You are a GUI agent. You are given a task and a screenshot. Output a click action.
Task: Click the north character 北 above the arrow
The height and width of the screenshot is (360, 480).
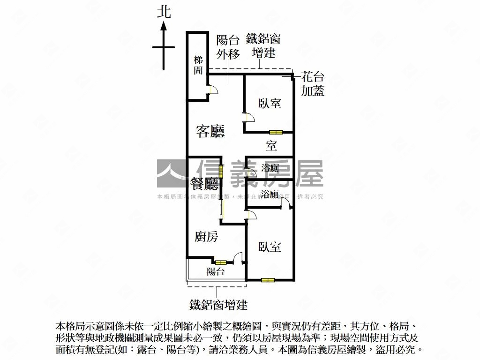pyautogui.click(x=164, y=12)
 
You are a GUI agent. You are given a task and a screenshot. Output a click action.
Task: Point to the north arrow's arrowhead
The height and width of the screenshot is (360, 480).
pyautogui.click(x=164, y=26)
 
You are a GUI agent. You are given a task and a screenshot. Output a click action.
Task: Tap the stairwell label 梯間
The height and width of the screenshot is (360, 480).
pyautogui.click(x=198, y=65)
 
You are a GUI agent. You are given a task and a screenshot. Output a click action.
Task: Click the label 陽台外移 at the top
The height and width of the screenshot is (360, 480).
pyautogui.click(x=228, y=47)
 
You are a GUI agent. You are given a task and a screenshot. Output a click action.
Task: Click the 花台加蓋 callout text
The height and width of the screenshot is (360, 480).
pyautogui.click(x=313, y=84)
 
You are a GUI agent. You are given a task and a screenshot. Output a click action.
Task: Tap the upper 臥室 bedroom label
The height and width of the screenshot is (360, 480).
pyautogui.click(x=270, y=104)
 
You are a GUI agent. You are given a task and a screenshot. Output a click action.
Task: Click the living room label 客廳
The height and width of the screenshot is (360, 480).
pyautogui.click(x=210, y=132)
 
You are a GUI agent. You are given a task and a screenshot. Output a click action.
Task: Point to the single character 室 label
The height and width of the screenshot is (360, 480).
pyautogui.click(x=271, y=146)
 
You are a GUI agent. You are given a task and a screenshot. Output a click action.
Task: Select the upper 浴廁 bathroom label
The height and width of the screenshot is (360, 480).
pyautogui.click(x=270, y=168)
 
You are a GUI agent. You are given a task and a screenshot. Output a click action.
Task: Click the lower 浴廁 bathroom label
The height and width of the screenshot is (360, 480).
pyautogui.click(x=270, y=194)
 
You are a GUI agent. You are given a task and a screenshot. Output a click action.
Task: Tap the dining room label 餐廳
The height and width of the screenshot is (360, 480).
pyautogui.click(x=205, y=183)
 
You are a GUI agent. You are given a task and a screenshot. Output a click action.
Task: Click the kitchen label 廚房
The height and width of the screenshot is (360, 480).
pyautogui.click(x=206, y=237)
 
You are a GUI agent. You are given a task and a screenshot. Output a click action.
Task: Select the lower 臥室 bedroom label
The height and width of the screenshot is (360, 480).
pyautogui.click(x=270, y=247)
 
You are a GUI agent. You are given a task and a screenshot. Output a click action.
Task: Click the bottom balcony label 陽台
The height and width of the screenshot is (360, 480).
pyautogui.click(x=216, y=271)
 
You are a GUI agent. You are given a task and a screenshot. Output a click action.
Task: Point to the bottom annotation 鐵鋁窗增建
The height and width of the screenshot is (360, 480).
pyautogui.click(x=218, y=305)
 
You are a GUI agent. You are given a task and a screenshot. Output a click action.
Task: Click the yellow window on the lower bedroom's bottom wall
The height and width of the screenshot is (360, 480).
pyautogui.click(x=268, y=280)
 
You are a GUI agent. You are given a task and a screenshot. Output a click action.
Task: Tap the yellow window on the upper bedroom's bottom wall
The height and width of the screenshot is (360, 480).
pyautogui.click(x=276, y=132)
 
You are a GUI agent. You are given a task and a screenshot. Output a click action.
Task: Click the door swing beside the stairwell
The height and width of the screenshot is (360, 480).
pyautogui.click(x=211, y=90)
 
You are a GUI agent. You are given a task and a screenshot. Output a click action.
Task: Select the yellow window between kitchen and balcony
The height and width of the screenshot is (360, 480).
pyautogui.click(x=221, y=262)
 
